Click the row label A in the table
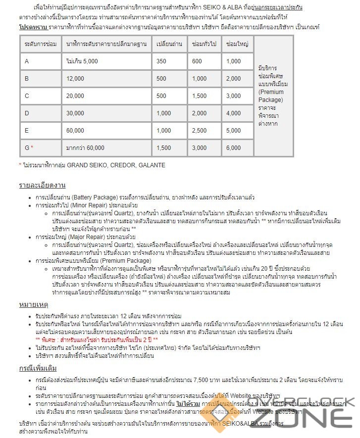click(x=27, y=61)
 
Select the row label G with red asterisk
click(x=29, y=147)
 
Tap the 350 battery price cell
click(x=161, y=61)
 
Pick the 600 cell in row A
click(x=197, y=61)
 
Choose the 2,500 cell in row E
click(x=199, y=130)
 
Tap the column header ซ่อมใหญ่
click(x=236, y=44)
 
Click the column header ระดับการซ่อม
click(x=39, y=44)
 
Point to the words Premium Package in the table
click(x=271, y=96)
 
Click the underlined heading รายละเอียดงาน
click(x=42, y=186)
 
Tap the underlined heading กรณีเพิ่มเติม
click(x=38, y=368)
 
